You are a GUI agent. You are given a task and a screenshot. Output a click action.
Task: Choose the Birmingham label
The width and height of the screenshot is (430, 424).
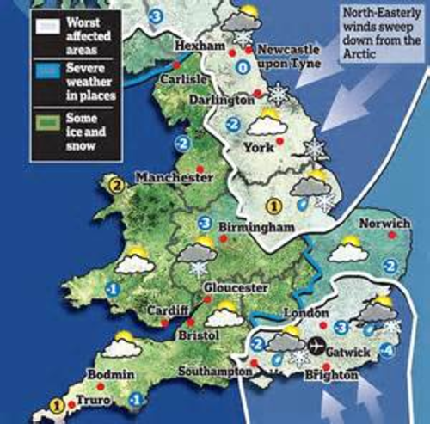(x=251, y=227)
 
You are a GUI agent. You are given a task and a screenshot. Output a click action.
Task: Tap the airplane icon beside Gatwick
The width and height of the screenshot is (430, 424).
(x=316, y=346)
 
